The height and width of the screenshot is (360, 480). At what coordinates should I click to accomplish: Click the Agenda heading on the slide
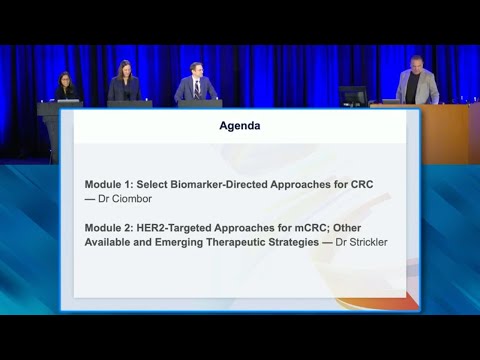pos(240,127)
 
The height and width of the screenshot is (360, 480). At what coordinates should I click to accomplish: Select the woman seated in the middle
pos(125,84)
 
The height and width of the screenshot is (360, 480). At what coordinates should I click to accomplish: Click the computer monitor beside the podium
pos(353,96)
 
